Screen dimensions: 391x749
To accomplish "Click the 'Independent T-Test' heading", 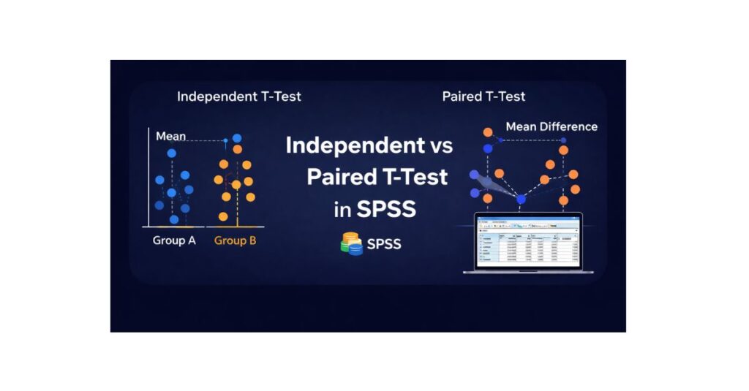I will (238, 96).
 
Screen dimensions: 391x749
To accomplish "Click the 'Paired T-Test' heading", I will (483, 96).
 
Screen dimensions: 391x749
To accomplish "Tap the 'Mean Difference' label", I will (552, 126).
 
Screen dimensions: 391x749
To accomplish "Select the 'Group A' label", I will (174, 240).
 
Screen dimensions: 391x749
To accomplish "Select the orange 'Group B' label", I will (235, 240).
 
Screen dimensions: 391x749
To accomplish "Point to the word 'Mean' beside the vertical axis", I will (171, 136).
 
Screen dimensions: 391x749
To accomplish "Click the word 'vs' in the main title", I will (437, 145).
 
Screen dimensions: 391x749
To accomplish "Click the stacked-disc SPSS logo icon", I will (352, 243).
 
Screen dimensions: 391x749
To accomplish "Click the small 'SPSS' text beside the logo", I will (384, 244).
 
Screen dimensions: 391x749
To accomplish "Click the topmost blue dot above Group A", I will (172, 153).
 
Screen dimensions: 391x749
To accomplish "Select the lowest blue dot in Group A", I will (174, 219).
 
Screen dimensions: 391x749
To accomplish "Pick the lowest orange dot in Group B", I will (225, 216).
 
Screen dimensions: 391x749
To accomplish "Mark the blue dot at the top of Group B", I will (237, 138).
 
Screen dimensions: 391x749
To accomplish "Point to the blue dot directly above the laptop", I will (521, 199).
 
